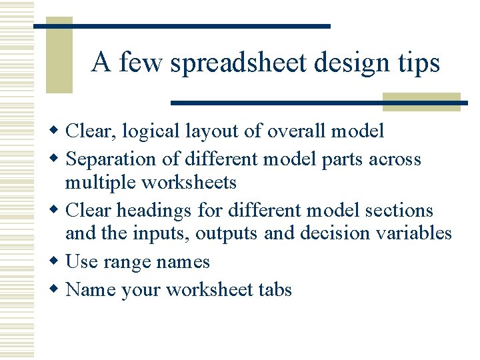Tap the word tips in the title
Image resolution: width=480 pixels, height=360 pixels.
(x=419, y=64)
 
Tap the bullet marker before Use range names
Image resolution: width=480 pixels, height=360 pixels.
(x=56, y=262)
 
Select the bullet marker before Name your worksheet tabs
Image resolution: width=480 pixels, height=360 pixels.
(x=56, y=290)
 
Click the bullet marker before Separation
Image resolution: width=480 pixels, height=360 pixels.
(x=56, y=160)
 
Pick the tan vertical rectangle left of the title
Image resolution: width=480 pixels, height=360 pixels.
(x=59, y=59)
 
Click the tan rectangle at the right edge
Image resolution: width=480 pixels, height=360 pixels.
(x=421, y=101)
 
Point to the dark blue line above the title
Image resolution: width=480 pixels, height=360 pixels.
(x=181, y=26)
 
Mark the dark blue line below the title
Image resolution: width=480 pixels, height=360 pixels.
(x=319, y=103)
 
